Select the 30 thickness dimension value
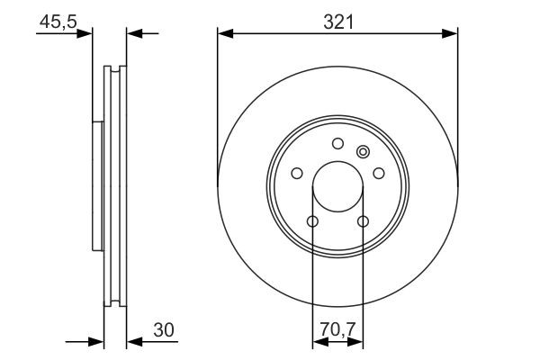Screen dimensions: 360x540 (x=163, y=332)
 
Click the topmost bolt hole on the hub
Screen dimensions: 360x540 (x=337, y=142)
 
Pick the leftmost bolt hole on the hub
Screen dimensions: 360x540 (x=297, y=174)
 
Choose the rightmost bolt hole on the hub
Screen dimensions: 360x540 (x=378, y=174)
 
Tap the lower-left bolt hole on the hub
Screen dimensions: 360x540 (x=312, y=221)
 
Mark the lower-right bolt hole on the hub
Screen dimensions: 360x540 (x=363, y=221)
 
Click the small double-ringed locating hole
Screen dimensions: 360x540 (x=363, y=151)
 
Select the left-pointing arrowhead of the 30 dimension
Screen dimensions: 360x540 (x=134, y=342)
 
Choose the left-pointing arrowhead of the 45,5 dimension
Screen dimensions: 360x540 (x=134, y=33)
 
